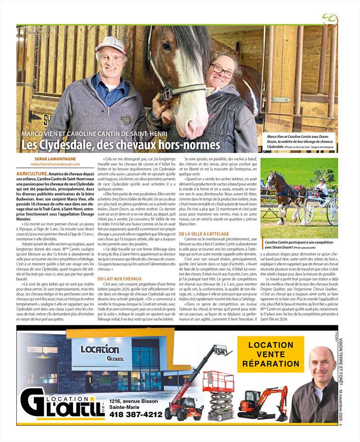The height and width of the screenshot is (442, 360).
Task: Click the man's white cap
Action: pyautogui.click(x=110, y=44)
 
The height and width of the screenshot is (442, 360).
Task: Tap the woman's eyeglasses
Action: pyautogui.click(x=223, y=71)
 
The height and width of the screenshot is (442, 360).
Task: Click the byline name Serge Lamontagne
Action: pyautogui.click(x=55, y=158)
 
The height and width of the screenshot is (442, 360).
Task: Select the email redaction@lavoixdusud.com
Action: pyautogui.click(x=55, y=164)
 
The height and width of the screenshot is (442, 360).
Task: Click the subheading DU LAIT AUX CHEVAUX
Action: pyautogui.click(x=120, y=280)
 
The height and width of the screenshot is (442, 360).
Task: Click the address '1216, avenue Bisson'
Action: pyautogui.click(x=134, y=400)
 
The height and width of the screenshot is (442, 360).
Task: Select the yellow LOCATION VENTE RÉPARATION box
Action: pyautogui.click(x=271, y=354)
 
